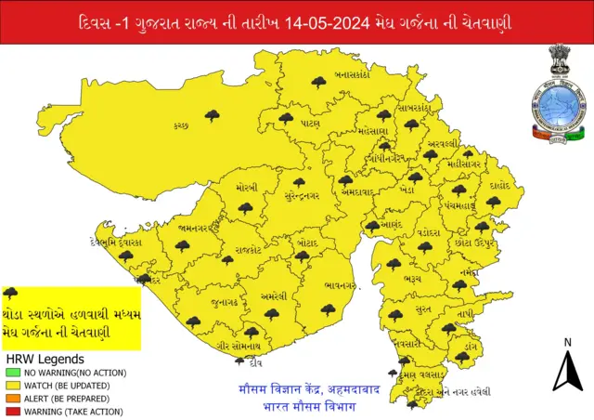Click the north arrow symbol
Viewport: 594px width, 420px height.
(566, 373)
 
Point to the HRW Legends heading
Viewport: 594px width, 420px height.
(45, 358)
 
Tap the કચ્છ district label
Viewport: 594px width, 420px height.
(181, 125)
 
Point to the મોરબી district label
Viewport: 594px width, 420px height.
(247, 188)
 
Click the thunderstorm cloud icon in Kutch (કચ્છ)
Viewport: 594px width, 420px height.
(213, 115)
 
